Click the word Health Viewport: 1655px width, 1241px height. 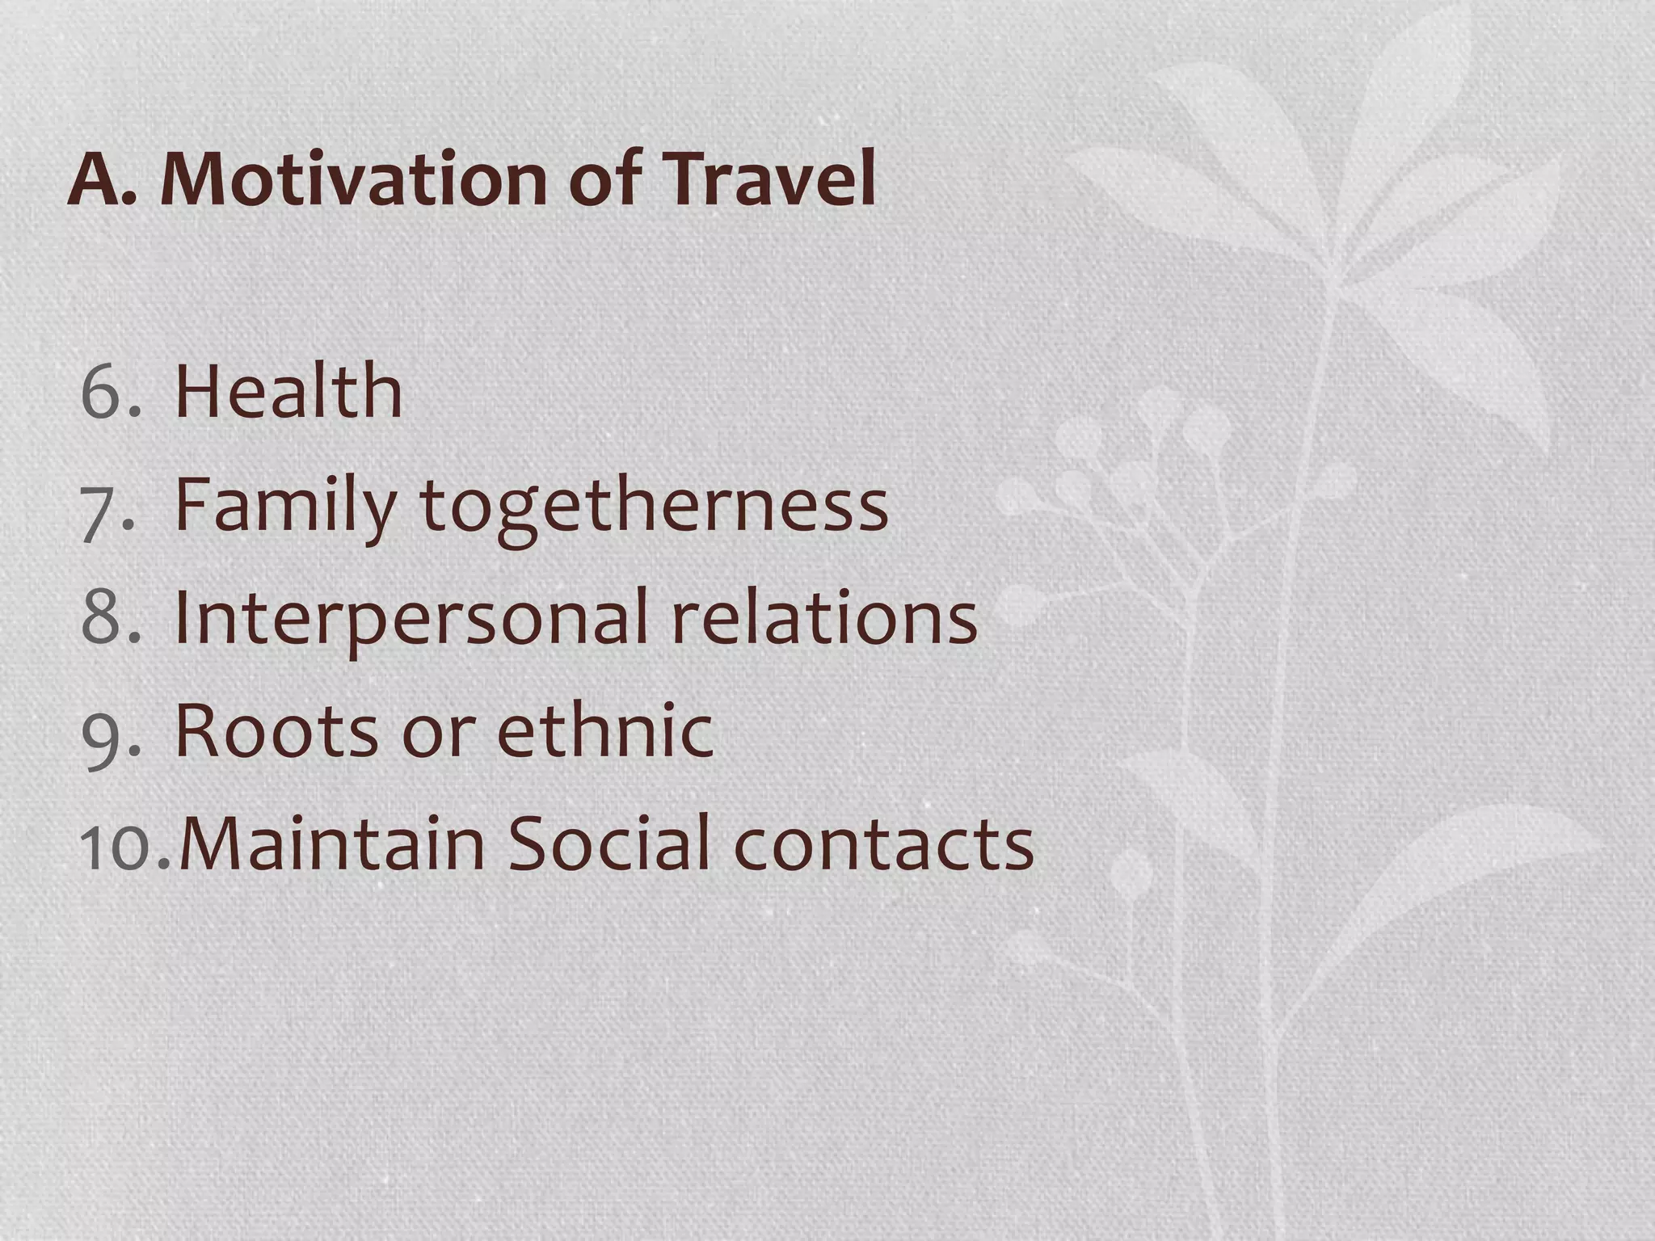pos(288,393)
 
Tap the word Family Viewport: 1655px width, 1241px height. pos(284,507)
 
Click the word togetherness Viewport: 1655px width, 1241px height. pos(654,507)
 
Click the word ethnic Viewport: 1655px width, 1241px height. pos(605,732)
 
